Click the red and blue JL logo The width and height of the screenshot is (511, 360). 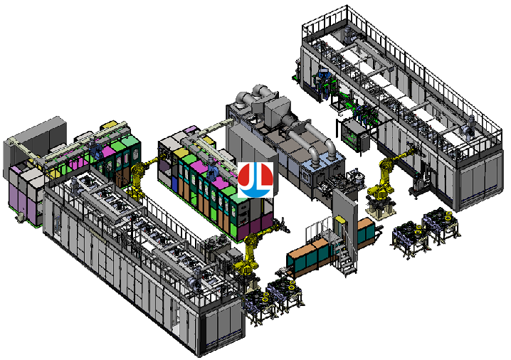pyautogui.click(x=255, y=180)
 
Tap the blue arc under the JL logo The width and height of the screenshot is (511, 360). pyautogui.click(x=255, y=193)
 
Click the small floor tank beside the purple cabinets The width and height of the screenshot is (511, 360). pyautogui.click(x=19, y=218)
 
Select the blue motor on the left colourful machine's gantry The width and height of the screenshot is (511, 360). pyautogui.click(x=95, y=147)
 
